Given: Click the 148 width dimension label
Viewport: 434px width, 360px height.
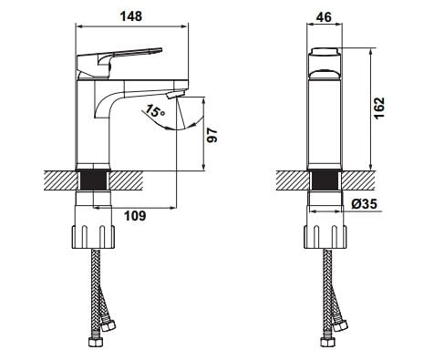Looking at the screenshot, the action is point(131,16).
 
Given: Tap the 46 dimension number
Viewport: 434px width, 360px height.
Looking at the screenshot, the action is point(324,17).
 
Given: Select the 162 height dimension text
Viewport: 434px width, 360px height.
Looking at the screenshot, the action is point(379,108).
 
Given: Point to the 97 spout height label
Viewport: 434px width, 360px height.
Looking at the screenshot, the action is point(212,135).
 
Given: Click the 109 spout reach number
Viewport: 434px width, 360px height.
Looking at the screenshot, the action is point(135,216).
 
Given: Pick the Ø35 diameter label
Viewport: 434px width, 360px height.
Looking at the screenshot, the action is point(364,203).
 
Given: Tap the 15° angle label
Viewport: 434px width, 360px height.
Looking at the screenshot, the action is point(155,111).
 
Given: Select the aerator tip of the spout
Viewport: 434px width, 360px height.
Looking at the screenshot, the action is point(176,94).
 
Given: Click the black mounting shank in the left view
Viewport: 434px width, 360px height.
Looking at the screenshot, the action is point(93,180).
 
